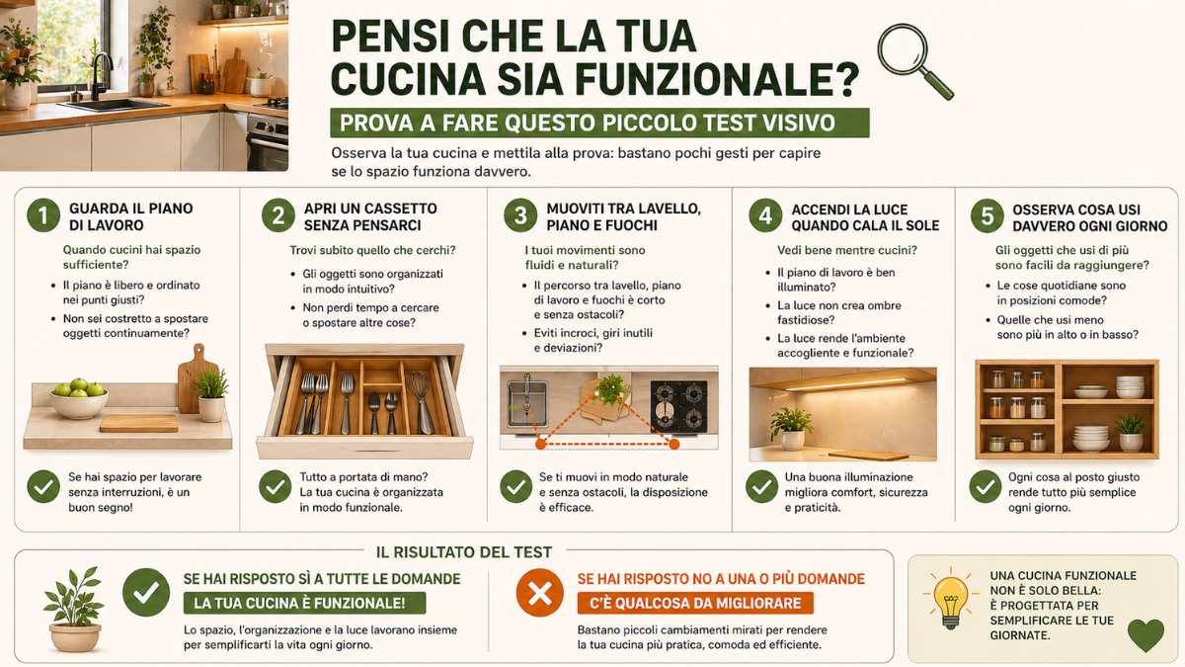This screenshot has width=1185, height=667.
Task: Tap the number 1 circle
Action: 42,216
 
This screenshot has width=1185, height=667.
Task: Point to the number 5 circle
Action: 985,216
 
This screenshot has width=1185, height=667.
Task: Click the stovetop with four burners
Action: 678,405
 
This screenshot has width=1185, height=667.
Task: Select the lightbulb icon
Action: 950,600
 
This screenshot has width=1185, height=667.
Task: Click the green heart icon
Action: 1145,634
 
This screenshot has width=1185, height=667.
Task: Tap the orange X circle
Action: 540,593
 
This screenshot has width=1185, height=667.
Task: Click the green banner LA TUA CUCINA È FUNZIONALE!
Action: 304,603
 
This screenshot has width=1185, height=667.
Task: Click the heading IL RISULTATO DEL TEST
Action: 464,552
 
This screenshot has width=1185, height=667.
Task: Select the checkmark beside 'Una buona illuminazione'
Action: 760,486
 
